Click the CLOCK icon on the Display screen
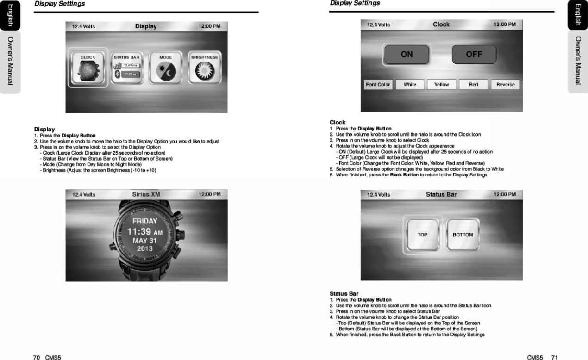[x=88, y=68]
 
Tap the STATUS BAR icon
[x=127, y=68]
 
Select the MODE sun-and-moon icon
[x=166, y=68]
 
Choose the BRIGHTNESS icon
[x=205, y=68]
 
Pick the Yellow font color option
[x=441, y=85]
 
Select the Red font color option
[x=473, y=85]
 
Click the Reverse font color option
[x=505, y=85]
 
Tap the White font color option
[x=410, y=85]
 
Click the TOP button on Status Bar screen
[x=422, y=235]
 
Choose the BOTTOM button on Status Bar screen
[x=463, y=235]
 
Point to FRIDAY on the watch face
[x=145, y=221]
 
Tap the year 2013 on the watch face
[x=145, y=249]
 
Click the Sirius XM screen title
[x=146, y=194]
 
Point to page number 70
[x=36, y=357]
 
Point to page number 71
[x=554, y=357]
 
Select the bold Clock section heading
[x=337, y=122]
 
